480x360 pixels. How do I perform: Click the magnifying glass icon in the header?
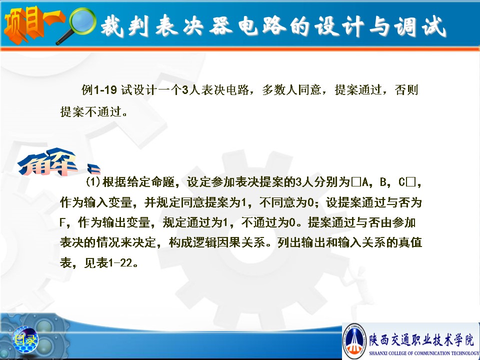[78, 25]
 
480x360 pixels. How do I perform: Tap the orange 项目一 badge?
[33, 24]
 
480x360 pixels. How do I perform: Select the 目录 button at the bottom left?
[25, 339]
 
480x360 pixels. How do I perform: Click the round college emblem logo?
[354, 340]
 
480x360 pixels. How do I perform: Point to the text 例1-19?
[99, 89]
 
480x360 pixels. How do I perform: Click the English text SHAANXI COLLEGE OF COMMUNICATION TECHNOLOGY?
[424, 353]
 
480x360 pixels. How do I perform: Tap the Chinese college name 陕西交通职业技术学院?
[421, 340]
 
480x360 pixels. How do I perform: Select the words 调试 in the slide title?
[420, 26]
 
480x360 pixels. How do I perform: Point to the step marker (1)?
[93, 182]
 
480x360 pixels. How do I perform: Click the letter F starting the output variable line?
[62, 222]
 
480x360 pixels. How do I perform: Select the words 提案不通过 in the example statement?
[90, 111]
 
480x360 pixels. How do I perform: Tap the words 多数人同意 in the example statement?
[291, 89]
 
